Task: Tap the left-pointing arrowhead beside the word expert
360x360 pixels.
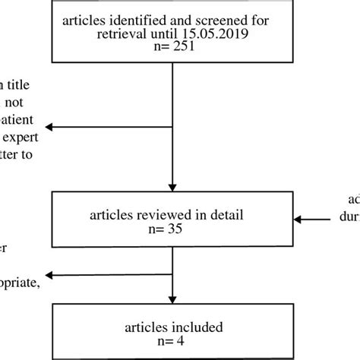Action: pyautogui.click(x=48, y=128)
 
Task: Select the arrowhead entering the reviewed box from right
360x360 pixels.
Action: pyautogui.click(x=296, y=219)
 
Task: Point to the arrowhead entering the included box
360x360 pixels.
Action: pyautogui.click(x=174, y=298)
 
